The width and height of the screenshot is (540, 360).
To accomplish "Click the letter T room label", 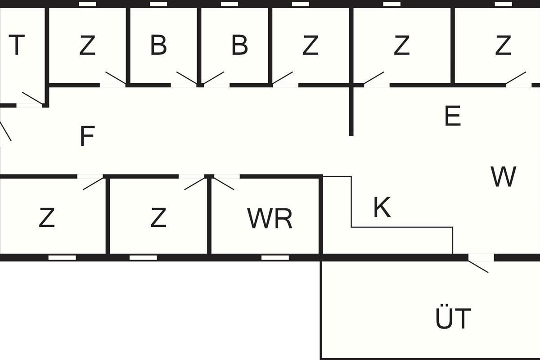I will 16,45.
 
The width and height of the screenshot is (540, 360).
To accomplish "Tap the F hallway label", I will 87,137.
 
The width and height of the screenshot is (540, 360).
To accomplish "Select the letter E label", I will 452,117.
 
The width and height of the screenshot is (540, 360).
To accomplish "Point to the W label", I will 503,177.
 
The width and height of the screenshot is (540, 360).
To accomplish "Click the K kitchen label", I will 382,207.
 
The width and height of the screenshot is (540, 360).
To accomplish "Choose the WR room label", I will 270,218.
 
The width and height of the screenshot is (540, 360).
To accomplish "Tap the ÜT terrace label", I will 453,318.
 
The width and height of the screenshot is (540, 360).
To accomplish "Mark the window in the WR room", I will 275,258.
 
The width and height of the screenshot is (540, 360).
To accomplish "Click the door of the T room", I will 31,99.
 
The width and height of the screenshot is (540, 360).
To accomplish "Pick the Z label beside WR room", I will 158,218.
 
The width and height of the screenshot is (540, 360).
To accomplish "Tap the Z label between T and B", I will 87,45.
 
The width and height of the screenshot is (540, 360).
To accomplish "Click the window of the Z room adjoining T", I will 87,4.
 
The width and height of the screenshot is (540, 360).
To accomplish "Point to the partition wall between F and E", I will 351,110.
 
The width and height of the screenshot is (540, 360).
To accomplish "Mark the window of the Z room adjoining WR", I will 143,258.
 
